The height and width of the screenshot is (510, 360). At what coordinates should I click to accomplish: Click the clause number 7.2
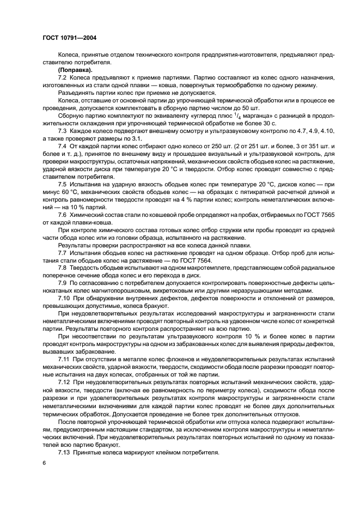(x=62, y=78)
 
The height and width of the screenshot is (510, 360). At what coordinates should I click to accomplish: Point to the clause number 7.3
(x=62, y=131)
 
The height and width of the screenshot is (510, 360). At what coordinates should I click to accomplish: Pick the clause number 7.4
(x=62, y=147)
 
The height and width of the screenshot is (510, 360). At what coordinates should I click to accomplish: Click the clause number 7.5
(x=62, y=185)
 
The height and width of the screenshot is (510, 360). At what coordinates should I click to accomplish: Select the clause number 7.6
(x=62, y=215)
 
